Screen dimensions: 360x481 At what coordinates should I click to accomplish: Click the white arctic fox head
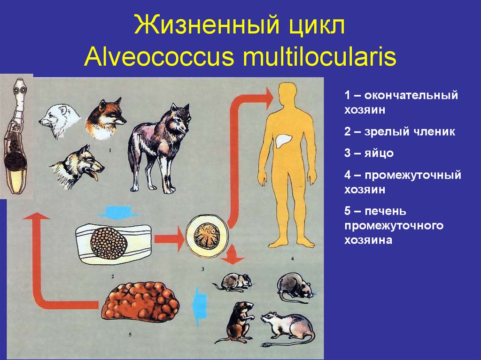click(59, 120)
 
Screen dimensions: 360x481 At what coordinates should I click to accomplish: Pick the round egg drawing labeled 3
click(207, 233)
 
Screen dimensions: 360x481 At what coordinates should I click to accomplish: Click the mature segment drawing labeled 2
click(112, 243)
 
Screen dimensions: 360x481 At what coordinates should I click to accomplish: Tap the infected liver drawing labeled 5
click(140, 302)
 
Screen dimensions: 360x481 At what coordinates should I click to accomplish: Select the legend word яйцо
click(378, 153)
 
